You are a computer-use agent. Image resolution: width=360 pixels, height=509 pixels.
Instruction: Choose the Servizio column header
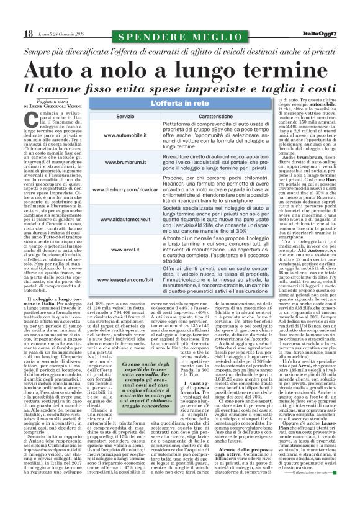tap(125, 116)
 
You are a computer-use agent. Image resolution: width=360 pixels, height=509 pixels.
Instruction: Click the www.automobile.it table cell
tap(125, 135)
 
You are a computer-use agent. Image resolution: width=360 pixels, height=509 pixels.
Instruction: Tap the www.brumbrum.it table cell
tap(125, 162)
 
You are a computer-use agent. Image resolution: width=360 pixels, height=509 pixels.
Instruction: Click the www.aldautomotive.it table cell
tap(125, 219)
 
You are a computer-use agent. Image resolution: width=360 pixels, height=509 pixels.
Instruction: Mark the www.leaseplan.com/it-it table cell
tap(125, 280)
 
